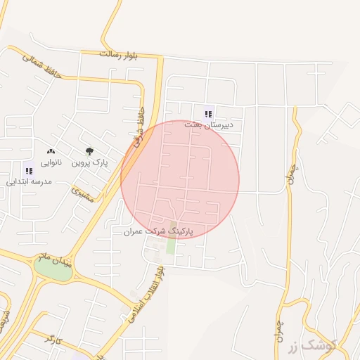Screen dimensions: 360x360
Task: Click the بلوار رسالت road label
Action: tap(120, 53)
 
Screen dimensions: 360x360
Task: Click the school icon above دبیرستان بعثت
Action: tap(207, 112)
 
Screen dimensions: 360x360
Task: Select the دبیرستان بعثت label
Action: tap(209, 124)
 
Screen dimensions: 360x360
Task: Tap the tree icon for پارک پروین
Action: tap(89, 151)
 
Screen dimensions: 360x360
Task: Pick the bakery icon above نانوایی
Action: tap(51, 151)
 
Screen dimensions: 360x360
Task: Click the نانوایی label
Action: tap(51, 162)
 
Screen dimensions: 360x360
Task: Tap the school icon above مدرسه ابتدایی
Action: tap(28, 170)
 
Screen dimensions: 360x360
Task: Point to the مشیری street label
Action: tap(83, 195)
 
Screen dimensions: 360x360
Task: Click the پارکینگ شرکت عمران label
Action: tap(157, 231)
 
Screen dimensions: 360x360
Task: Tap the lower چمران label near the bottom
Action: tap(281, 330)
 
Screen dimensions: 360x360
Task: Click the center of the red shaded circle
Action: tap(180, 179)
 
